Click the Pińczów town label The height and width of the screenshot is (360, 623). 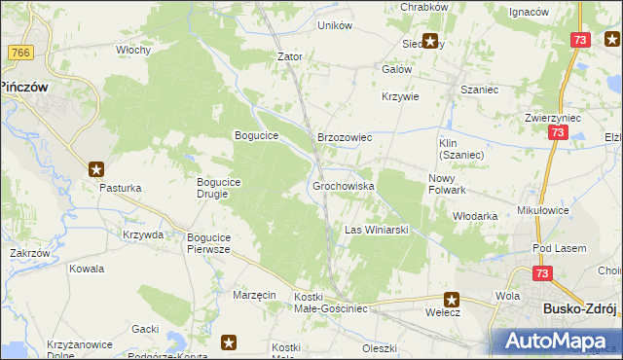24,86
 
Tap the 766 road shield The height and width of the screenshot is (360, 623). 18,52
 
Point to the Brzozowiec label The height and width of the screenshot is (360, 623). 346,138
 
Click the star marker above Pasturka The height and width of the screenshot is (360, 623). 96,167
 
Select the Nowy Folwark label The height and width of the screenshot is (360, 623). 449,184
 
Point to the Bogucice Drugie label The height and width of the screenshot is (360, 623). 226,187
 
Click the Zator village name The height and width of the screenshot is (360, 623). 290,56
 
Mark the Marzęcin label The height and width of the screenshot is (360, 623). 255,294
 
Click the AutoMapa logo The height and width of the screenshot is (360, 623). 558,341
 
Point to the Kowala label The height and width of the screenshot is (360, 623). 87,268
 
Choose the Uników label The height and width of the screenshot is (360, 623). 335,25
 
